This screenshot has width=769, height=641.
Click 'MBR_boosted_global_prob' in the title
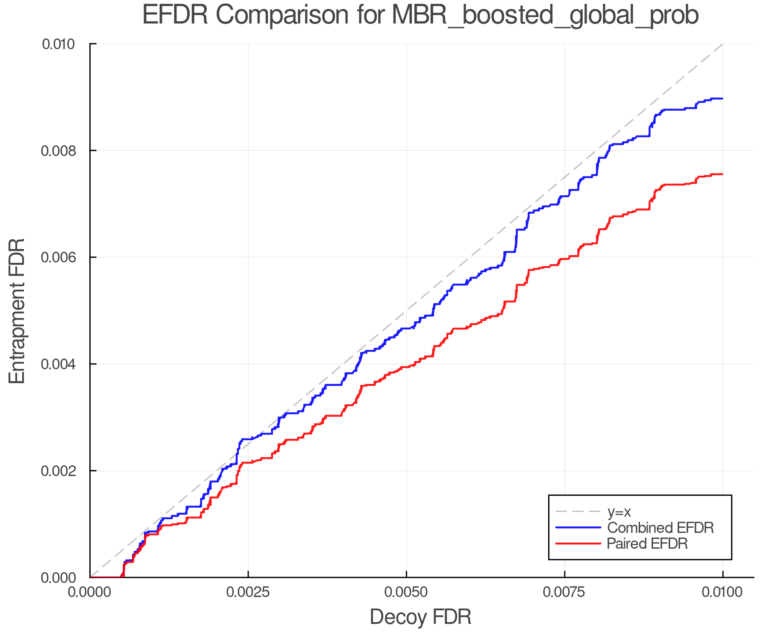545,16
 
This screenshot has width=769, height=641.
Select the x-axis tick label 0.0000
90,592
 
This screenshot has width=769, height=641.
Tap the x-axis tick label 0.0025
248,592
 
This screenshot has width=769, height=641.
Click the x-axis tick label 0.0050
406,592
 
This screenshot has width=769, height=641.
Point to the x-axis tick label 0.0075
565,592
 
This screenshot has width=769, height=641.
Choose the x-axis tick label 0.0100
723,592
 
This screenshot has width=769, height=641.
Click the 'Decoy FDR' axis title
420,617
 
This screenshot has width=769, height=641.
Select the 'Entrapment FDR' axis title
18,311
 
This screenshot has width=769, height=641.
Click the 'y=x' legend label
619,512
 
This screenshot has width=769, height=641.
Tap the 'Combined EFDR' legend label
660,528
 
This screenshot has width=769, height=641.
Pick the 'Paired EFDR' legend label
647,544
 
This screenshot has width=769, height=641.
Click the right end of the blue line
722,98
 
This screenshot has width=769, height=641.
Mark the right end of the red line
722,174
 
